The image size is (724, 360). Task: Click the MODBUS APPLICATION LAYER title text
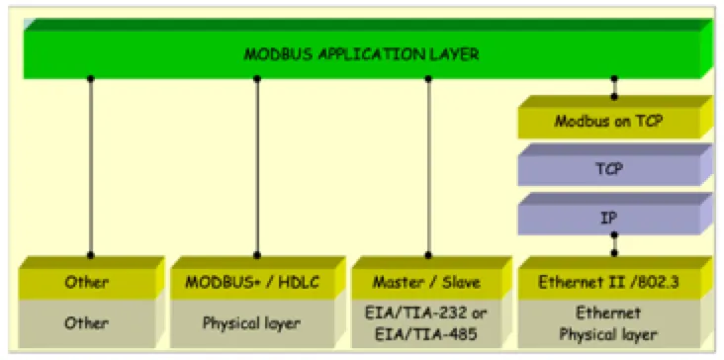[361, 54]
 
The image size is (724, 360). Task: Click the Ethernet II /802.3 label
[608, 283]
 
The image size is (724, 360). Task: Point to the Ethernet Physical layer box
[608, 323]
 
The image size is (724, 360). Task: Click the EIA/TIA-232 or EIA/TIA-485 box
[426, 323]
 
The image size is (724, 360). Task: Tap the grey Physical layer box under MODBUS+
[252, 323]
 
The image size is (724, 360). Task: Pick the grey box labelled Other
[87, 323]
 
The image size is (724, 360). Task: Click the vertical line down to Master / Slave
[428, 167]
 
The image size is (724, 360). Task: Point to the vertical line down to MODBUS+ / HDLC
[257, 167]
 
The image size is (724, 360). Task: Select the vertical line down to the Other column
[91, 167]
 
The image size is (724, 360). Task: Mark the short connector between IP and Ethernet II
[614, 243]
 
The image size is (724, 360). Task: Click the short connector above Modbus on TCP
[614, 88]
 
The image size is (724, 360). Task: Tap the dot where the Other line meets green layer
[91, 79]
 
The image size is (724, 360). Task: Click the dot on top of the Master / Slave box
[428, 255]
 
